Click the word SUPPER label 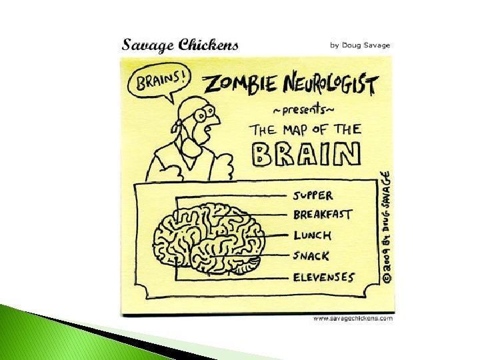(313, 196)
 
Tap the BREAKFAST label (322, 215)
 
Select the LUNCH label (312, 235)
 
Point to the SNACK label (311, 256)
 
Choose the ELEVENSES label (324, 277)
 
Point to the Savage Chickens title (180, 45)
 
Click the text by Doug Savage (360, 45)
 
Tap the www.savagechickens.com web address (353, 319)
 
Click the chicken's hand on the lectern (225, 171)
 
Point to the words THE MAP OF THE (305, 129)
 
